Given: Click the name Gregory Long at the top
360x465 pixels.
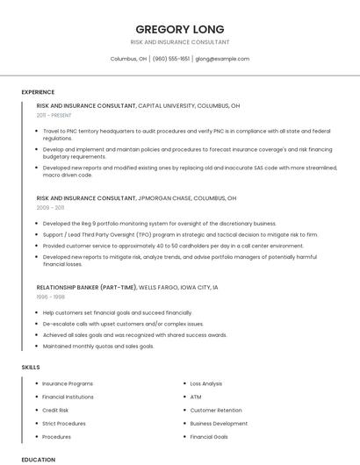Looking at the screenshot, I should tap(180, 29).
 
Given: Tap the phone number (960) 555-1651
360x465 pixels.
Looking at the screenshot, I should tap(171, 59).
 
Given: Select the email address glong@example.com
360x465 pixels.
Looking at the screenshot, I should tap(222, 59).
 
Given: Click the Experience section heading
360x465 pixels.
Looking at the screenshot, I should tap(38, 92).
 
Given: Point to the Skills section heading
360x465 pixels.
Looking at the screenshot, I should tap(31, 366).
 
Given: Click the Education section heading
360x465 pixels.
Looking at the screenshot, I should tap(39, 459).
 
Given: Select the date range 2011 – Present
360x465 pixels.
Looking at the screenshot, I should tap(54, 115).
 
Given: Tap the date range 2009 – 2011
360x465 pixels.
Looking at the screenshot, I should tap(50, 208).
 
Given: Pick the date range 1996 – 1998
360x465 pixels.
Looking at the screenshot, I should tap(50, 297).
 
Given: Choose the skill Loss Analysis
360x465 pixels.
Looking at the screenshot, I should tap(206, 383).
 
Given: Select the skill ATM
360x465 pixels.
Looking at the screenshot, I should tap(196, 397).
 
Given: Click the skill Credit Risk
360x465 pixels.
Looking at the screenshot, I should tap(55, 410).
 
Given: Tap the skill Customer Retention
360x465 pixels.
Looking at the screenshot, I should tap(216, 410).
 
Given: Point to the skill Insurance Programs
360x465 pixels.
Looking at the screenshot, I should tap(68, 383).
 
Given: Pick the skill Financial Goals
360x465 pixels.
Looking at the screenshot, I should tap(209, 436).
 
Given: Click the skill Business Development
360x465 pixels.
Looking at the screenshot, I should tap(219, 423).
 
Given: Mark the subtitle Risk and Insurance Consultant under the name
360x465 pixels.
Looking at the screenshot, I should tap(180, 42).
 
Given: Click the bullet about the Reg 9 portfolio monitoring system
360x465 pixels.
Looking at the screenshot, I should tap(147, 223).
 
